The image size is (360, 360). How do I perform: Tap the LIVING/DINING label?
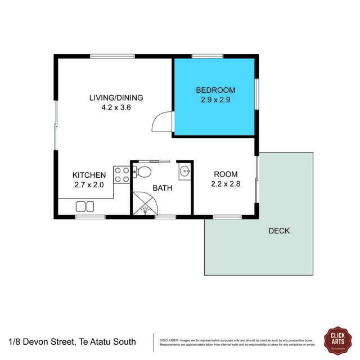tap(116, 97)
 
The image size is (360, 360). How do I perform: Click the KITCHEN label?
tap(89, 175)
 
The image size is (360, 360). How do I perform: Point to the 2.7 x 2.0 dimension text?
tap(89, 184)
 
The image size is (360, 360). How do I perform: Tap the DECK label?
tap(278, 231)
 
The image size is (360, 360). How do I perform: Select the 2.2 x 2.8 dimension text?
tap(225, 183)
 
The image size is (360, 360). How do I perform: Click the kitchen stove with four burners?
tap(121, 174)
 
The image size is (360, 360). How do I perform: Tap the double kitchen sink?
tap(85, 206)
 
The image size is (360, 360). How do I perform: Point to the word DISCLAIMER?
tap(169, 340)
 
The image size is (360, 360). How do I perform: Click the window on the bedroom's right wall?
tap(256, 94)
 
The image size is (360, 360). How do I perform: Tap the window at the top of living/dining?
tap(112, 56)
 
